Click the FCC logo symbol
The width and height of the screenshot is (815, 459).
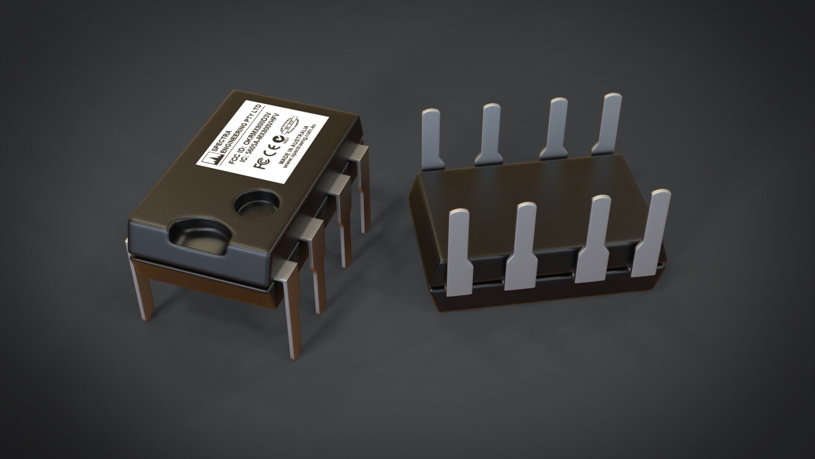(x=261, y=164)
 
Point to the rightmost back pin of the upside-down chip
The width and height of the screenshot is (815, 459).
(x=607, y=123)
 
